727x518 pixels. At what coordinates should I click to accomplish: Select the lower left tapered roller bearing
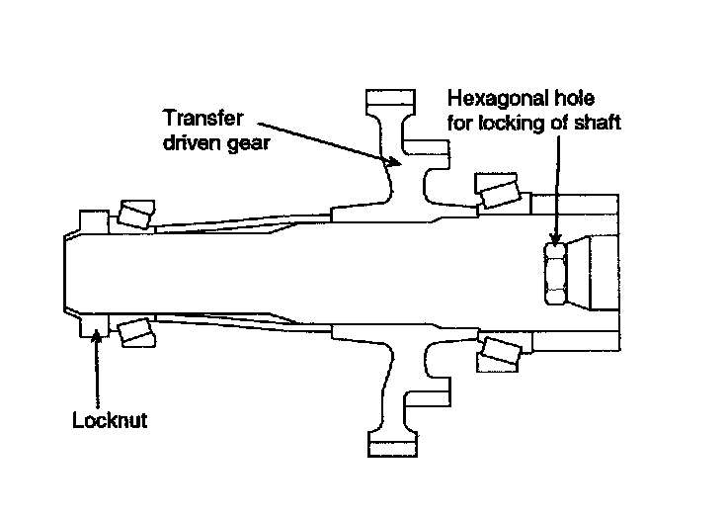(133, 331)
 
